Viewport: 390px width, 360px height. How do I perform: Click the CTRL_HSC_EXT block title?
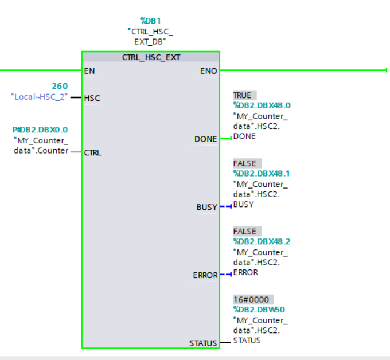tap(150, 57)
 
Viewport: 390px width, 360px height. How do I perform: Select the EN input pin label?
tap(89, 71)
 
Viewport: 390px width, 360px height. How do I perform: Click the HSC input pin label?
tap(92, 98)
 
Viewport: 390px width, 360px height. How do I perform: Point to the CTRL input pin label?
tap(93, 153)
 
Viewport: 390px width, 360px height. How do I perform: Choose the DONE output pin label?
tap(206, 139)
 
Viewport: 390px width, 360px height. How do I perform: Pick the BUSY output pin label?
tap(207, 208)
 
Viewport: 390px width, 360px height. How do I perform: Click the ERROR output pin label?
tap(205, 276)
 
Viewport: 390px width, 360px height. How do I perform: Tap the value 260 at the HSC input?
tap(60, 86)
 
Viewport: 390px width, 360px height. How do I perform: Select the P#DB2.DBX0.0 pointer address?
tap(40, 130)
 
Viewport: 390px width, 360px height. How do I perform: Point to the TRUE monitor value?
tap(243, 95)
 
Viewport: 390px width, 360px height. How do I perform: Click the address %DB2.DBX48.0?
tap(262, 105)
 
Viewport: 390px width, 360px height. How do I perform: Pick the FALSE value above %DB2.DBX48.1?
tap(245, 163)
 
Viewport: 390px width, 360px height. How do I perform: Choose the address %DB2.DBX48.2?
tap(262, 241)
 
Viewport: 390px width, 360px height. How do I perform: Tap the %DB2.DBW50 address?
tap(259, 310)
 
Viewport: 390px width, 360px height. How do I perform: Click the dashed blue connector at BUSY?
tap(225, 207)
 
